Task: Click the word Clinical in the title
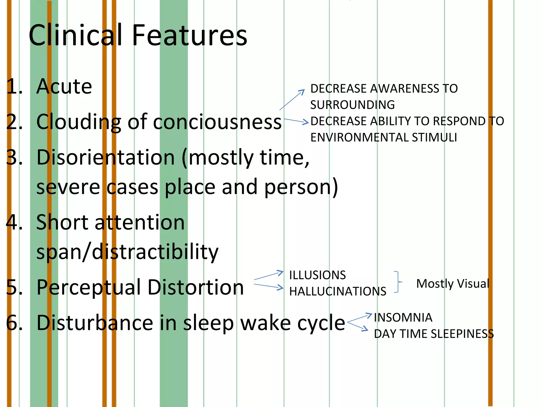(75, 35)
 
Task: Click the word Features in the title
(189, 35)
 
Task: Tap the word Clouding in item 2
(78, 122)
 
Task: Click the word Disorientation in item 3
(105, 158)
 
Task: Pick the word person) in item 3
(301, 187)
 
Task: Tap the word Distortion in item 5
(196, 287)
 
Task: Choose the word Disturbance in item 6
(95, 323)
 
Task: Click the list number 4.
(14, 222)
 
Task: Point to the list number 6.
(14, 323)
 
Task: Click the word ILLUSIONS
(317, 275)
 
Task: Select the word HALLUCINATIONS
(338, 291)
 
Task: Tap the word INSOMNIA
(403, 317)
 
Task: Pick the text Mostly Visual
(453, 284)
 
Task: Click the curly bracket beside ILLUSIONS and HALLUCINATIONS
(398, 282)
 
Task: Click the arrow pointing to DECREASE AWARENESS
(292, 100)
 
